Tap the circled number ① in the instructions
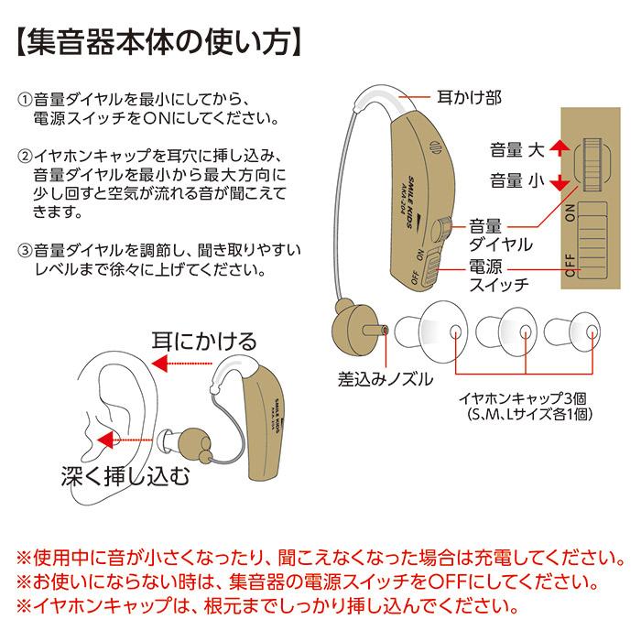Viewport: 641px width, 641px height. click(24, 99)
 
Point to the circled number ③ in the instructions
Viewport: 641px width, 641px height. click(24, 250)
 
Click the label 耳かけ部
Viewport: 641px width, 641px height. click(472, 95)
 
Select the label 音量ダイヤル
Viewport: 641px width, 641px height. click(499, 234)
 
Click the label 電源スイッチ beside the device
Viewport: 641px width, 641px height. click(499, 275)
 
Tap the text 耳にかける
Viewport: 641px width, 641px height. click(204, 342)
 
